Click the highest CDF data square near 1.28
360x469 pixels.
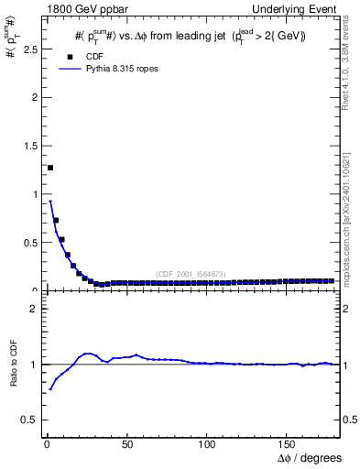point(50,168)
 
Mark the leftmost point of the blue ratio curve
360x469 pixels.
point(50,389)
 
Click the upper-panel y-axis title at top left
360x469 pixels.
point(13,41)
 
